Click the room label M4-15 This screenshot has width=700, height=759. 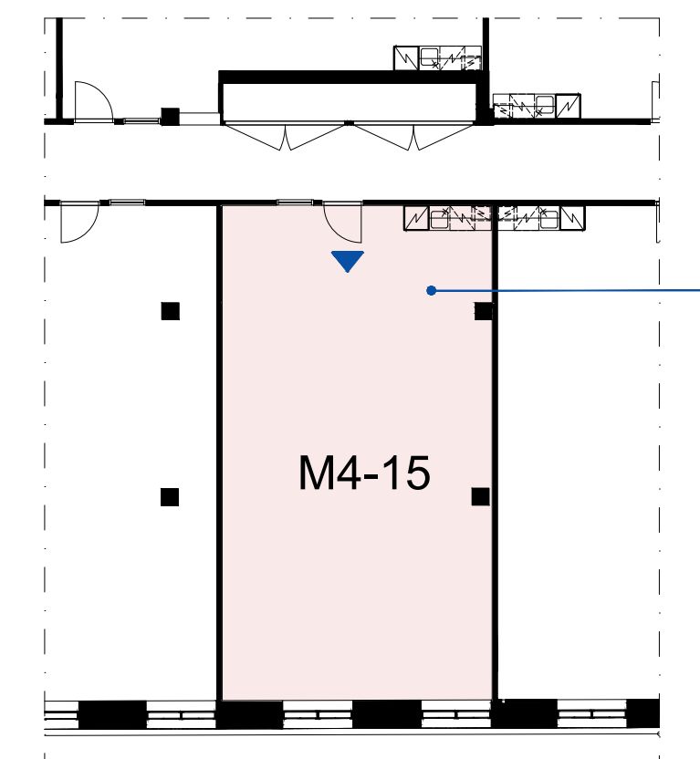pos(364,473)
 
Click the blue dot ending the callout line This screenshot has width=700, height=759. pos(432,290)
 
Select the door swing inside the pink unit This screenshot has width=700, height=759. pos(341,224)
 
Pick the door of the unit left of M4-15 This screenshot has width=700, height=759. pos(78,223)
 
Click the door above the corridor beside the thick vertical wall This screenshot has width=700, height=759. pos(94,101)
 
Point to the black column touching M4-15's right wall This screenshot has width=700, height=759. pos(483,311)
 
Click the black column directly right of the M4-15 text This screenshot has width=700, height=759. pos(480,496)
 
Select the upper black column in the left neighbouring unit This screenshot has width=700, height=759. pos(170,311)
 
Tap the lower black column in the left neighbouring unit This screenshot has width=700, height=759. pos(170,497)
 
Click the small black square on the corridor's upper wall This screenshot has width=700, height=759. pos(170,117)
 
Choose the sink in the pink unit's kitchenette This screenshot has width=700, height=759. pos(440,219)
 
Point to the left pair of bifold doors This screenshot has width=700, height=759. pos(286,137)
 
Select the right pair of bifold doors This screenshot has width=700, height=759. pos(414,137)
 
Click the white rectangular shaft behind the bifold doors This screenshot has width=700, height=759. pos(349,102)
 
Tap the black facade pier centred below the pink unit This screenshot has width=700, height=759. pos(387,714)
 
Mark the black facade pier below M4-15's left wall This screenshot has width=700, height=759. pos(249,714)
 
